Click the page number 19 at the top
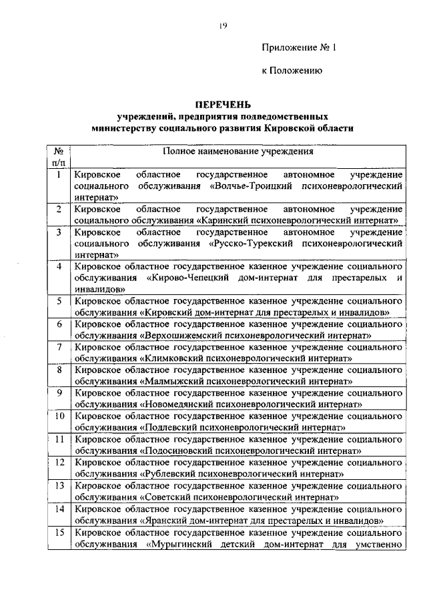point(223,26)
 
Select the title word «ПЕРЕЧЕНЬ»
point(223,104)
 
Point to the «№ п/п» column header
point(59,158)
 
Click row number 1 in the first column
point(59,176)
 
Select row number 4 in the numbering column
point(59,267)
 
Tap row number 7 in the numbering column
point(59,347)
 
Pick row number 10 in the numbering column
point(59,416)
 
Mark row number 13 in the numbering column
point(59,485)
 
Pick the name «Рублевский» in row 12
point(169,473)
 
